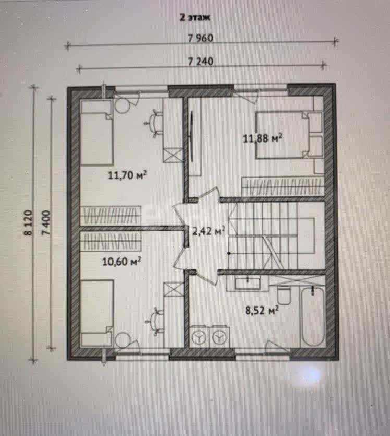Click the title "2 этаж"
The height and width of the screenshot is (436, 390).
pos(195,17)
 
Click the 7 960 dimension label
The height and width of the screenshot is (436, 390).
pos(200,38)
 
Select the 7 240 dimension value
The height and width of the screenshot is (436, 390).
pos(201,61)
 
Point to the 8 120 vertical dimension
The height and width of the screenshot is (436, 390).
pos(28,223)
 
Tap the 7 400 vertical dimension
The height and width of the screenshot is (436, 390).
pos(46,223)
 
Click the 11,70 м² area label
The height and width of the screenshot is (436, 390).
pos(127,175)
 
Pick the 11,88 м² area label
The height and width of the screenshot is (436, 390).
pos(263,138)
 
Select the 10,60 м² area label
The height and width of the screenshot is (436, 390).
pos(121,262)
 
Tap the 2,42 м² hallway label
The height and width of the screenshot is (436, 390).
pos(209,231)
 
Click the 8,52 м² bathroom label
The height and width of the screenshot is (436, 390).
pos(262,310)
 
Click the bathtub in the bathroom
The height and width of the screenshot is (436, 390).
pos(313,316)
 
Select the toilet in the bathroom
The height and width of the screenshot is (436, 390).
pos(284,294)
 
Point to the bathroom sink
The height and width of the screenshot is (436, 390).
pos(247,283)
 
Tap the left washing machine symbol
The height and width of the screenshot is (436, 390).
pos(199,337)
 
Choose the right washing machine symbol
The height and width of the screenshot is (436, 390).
pos(219,337)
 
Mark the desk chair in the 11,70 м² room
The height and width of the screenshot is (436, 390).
pos(153,123)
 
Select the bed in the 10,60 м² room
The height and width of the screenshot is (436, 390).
pos(96,313)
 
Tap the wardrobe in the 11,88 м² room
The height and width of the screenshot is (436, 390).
pos(283,186)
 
